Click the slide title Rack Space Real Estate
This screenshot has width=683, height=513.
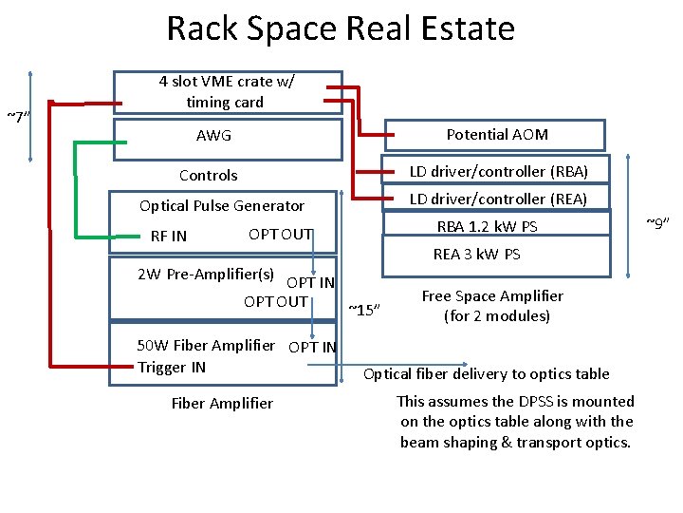click(341, 28)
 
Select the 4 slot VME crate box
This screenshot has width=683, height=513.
click(226, 92)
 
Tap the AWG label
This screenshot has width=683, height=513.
click(213, 136)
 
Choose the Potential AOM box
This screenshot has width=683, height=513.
click(497, 135)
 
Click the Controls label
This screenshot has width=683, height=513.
click(209, 175)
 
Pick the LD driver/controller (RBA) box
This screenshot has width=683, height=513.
click(498, 171)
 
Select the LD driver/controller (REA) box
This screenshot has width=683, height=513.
click(498, 199)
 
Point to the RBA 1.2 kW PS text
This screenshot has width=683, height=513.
click(487, 226)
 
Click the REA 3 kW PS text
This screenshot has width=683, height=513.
click(476, 254)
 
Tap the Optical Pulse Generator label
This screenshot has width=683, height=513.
click(222, 205)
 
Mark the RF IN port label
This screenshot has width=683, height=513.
click(169, 237)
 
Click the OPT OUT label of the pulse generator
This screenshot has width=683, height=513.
click(280, 235)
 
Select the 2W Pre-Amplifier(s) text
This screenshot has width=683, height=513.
click(206, 275)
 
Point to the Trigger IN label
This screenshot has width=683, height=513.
click(172, 367)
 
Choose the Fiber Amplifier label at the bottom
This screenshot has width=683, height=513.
click(222, 403)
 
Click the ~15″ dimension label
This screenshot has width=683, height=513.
click(365, 309)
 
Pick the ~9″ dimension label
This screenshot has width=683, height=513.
click(657, 223)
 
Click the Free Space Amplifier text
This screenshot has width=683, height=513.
click(492, 306)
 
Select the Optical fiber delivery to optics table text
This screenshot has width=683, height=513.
click(487, 373)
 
